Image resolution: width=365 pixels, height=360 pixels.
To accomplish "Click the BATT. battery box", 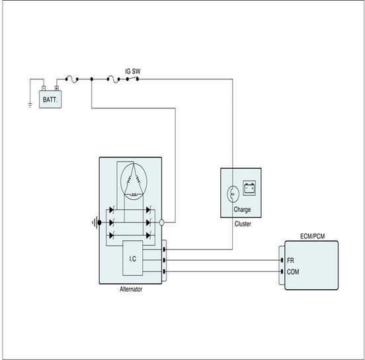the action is pos(50,99).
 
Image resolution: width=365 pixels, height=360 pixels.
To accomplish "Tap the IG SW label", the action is pos(133,71).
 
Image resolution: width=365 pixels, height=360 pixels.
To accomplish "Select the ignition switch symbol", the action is pos(132,79).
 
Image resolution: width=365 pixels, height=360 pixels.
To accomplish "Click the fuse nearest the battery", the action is pos(71,79).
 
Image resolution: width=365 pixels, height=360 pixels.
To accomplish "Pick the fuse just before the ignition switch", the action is pos(113,79).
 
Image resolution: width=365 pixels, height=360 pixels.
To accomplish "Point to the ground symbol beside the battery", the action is pos(30,105).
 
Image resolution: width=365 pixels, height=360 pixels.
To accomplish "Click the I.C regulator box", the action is pos(133,258).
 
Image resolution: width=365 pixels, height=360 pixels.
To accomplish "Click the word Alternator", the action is pos(131,289).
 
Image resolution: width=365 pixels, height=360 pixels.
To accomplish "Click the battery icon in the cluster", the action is pos(249,188).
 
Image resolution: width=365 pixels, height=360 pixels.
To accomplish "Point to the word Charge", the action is pos(242,210).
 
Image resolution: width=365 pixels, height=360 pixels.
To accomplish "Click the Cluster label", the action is pos(243,224).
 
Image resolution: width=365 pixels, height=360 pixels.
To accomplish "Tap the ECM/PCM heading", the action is pos(312,236).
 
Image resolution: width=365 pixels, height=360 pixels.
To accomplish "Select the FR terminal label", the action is pos(290,260).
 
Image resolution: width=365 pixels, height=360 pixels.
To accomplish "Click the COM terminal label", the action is pos(293,272).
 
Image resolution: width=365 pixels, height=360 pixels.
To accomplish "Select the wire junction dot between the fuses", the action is pos(92,79).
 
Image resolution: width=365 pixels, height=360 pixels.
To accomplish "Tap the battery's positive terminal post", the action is pos(57,88).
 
